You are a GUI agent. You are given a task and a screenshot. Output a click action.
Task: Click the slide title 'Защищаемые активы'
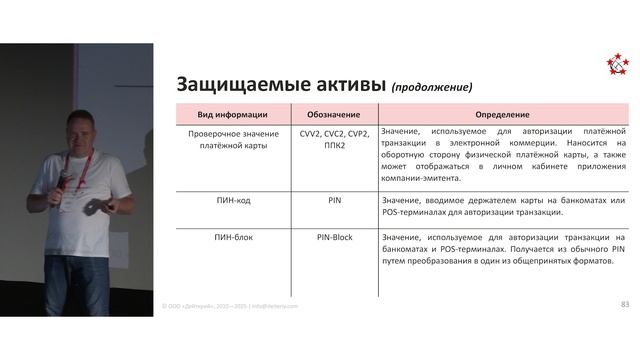point(280,84)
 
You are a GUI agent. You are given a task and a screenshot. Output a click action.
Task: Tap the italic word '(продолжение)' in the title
point(432,86)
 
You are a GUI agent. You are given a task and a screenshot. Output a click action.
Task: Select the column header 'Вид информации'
point(233,114)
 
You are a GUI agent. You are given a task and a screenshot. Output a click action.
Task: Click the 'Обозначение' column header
point(334,114)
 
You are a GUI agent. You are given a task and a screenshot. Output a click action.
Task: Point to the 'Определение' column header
point(503,114)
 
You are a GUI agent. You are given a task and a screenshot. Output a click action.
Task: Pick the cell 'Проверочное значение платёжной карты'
point(233,138)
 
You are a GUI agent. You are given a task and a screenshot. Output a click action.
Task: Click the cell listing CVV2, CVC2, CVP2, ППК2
point(334,138)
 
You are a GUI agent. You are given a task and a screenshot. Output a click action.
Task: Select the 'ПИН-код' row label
point(233,200)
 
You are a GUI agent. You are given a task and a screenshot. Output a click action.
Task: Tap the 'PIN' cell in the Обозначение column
point(334,200)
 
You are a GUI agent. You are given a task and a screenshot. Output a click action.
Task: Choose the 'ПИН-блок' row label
point(233,236)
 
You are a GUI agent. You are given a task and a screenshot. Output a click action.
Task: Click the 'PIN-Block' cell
point(334,236)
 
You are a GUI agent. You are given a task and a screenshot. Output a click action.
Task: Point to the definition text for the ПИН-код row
point(503,206)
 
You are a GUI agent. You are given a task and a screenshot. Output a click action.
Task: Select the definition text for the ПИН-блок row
point(503,249)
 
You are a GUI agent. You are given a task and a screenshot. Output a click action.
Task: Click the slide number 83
point(625,304)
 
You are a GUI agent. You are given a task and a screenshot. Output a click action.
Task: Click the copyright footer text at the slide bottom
point(230,305)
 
